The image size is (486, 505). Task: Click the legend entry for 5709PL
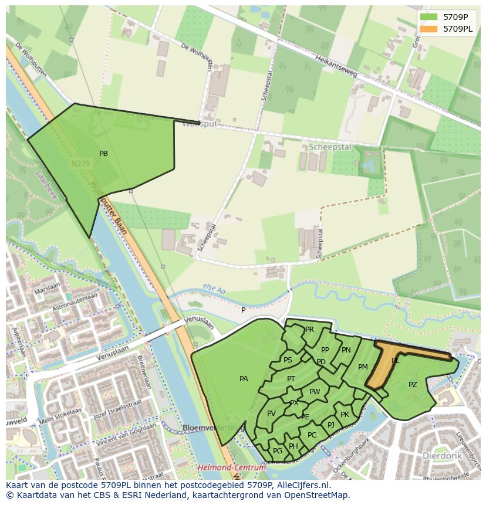point(458,28)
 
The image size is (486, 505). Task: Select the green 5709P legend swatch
point(428,16)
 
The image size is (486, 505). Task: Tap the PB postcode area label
point(103,154)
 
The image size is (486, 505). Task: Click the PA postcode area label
point(244,379)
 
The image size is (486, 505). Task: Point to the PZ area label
point(413,385)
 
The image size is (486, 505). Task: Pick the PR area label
point(309,330)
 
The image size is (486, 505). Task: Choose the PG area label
point(278,450)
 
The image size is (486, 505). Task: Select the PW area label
point(315,392)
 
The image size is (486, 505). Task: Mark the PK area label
point(345,414)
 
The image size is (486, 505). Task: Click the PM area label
point(363,367)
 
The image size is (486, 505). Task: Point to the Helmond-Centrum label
point(231,467)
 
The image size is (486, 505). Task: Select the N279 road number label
point(80,164)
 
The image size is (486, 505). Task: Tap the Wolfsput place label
point(200,124)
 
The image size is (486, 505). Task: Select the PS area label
point(288,360)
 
